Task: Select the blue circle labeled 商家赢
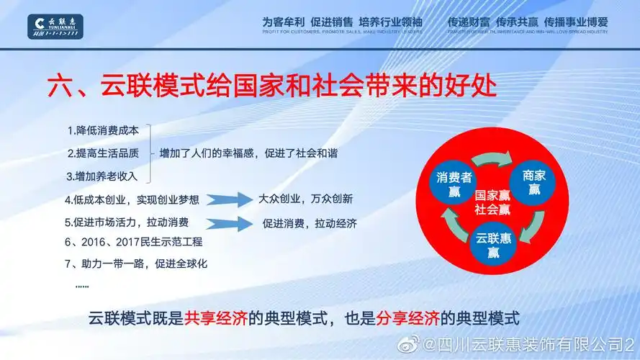click(x=534, y=182)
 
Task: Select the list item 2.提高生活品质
click(x=102, y=153)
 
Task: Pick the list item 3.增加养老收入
click(x=102, y=175)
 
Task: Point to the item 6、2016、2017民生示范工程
click(x=133, y=242)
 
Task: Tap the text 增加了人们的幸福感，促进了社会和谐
click(x=248, y=153)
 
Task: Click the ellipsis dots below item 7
click(x=82, y=286)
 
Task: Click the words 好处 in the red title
click(x=469, y=89)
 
